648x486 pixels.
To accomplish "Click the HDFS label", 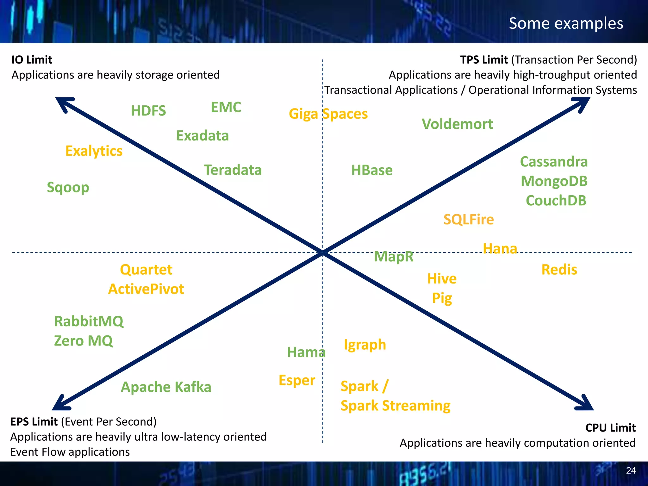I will (148, 111).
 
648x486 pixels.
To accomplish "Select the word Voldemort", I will (457, 124).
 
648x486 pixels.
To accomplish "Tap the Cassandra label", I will (554, 162).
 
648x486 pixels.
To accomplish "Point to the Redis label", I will (559, 270).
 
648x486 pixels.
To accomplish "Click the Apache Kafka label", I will (166, 387).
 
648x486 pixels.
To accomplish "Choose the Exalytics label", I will (94, 151).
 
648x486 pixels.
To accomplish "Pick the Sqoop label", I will (68, 187).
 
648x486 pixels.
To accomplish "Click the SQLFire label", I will (468, 219).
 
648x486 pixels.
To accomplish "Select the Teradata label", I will (233, 170).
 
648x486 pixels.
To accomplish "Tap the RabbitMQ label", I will (89, 321).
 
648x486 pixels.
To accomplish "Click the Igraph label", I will (365, 345).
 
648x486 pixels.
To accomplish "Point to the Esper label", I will (297, 380).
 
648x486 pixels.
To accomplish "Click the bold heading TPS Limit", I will (484, 60).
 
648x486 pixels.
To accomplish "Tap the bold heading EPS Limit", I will (34, 422).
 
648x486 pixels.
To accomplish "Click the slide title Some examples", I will (566, 23).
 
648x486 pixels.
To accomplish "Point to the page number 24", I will (631, 470).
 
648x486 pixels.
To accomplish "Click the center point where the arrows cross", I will (323, 252).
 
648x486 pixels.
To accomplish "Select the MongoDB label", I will (554, 181).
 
